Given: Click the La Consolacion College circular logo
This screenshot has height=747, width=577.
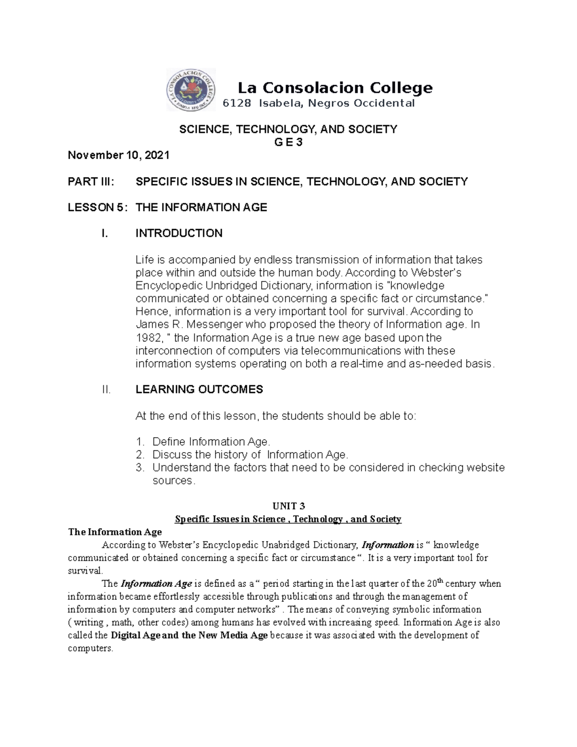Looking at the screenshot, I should [x=191, y=89].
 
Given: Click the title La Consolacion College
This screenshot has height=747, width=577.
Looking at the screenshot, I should [x=335, y=88].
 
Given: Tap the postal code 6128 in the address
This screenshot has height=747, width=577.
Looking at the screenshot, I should [x=237, y=103].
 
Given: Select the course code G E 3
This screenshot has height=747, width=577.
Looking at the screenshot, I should [x=288, y=142].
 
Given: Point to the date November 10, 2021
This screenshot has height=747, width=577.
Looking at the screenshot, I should [x=118, y=155].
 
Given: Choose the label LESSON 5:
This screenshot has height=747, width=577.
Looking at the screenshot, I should [x=98, y=207].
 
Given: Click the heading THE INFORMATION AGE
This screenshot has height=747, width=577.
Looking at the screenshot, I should [x=201, y=207].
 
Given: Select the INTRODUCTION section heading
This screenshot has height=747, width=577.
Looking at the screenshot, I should [x=179, y=233].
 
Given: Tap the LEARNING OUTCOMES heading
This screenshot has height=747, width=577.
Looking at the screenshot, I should [x=199, y=390].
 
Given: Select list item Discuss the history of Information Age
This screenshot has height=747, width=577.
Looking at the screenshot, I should [x=250, y=455].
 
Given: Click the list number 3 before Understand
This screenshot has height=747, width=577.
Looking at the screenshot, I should [x=139, y=468].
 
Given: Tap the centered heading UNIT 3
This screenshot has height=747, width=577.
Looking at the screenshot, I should [x=288, y=506].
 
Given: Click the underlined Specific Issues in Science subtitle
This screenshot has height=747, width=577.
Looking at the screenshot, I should [x=288, y=519].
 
